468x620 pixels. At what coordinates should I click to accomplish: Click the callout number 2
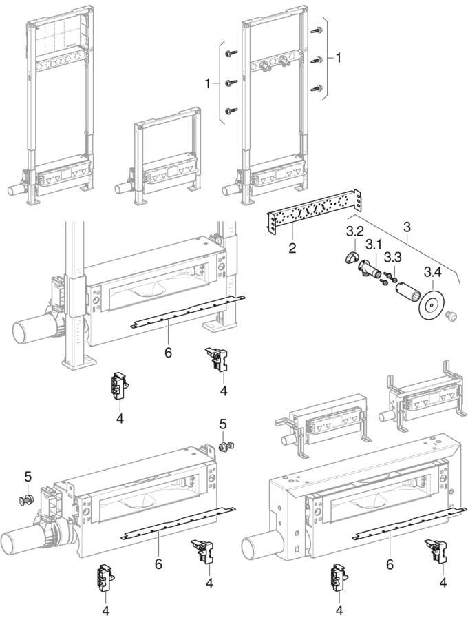292,248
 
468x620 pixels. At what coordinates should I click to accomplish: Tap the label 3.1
373,245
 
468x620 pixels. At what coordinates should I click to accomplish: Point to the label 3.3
393,258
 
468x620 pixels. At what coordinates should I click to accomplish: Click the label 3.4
432,272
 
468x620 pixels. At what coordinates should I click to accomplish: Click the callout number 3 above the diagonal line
407,227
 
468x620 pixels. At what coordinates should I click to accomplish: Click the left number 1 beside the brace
207,84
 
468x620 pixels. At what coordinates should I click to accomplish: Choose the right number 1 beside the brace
338,58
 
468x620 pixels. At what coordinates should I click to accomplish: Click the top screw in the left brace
231,53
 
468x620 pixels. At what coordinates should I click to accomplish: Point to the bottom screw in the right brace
317,88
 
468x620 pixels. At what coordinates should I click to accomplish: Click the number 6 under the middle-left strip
168,353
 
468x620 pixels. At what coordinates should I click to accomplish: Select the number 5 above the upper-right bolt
223,424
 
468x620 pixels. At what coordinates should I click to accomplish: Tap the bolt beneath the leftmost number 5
26,500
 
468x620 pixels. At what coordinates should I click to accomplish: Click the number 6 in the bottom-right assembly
390,564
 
